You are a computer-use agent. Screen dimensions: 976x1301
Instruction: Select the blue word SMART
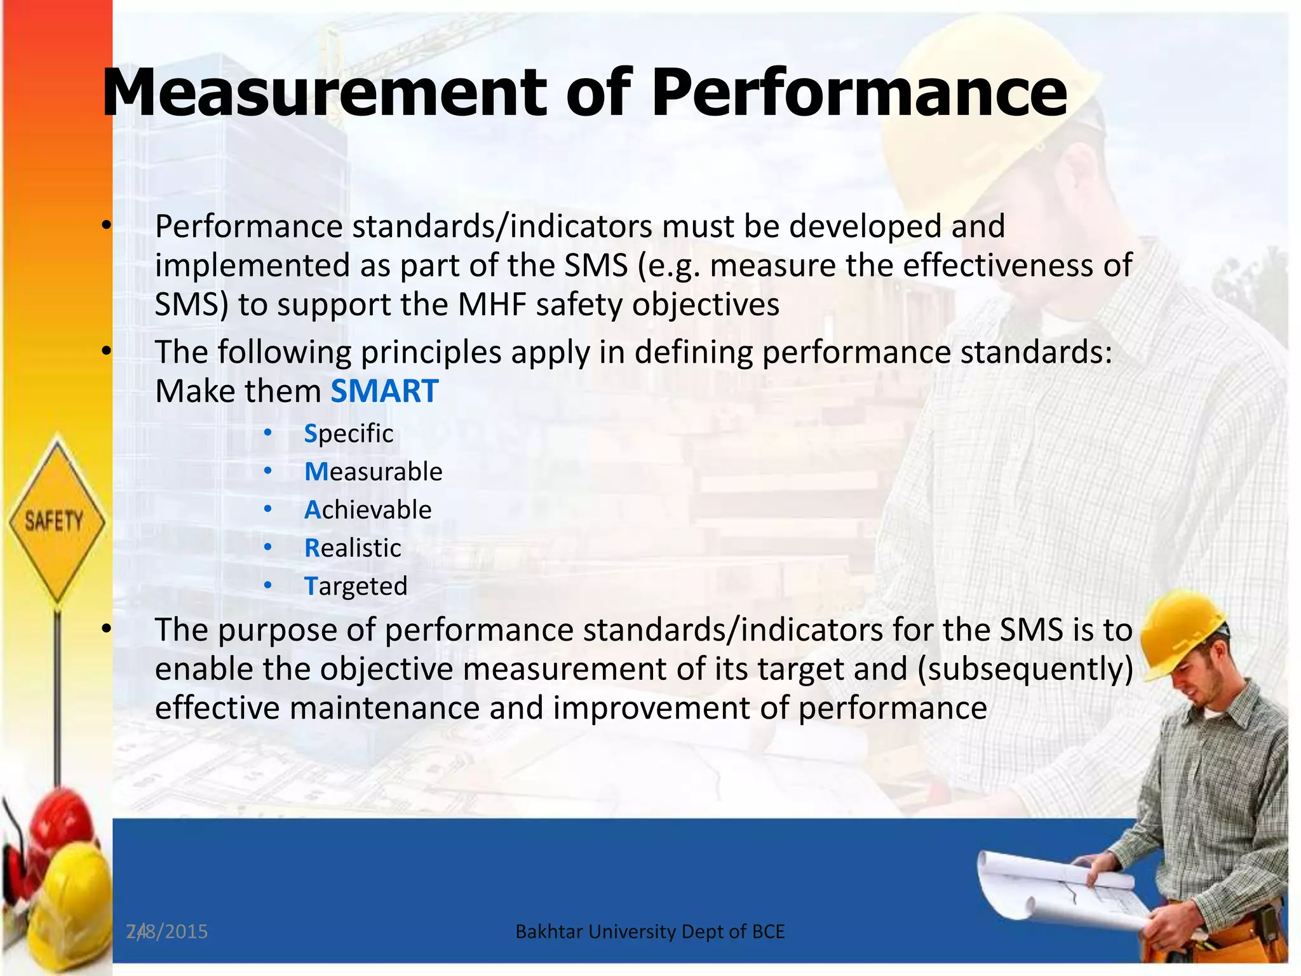tap(384, 391)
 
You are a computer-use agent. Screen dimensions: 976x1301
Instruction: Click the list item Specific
tap(349, 433)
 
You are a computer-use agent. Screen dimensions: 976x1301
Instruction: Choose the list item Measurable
tap(373, 471)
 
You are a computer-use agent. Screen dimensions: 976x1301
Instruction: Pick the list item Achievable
tap(368, 510)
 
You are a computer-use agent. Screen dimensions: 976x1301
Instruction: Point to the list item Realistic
tap(353, 548)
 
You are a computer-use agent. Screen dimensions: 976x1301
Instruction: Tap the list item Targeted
tap(356, 586)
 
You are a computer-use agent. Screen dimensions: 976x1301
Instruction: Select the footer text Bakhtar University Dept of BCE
tap(650, 932)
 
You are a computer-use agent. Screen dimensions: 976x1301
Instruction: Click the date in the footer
tap(167, 932)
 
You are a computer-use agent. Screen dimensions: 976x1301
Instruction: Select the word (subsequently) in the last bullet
tap(1025, 669)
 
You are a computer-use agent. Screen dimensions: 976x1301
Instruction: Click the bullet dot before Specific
tap(268, 433)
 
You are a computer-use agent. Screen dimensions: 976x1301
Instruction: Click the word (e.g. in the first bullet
tap(669, 266)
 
